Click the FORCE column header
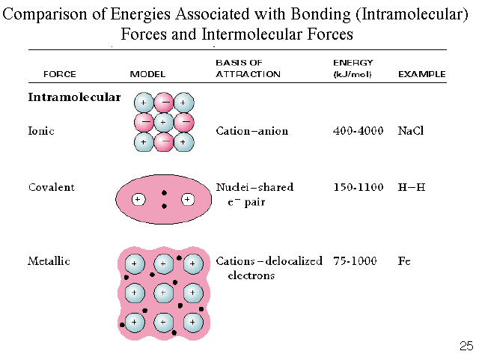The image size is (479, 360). click(59, 74)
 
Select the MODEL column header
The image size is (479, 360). click(147, 74)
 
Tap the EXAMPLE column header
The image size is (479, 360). click(421, 74)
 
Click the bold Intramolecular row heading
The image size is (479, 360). click(74, 97)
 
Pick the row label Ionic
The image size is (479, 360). click(41, 131)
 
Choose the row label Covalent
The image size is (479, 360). click(50, 187)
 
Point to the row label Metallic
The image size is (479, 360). click(49, 261)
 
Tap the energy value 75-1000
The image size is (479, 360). click(356, 261)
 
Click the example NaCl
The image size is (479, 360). click(412, 131)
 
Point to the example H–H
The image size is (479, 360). click(411, 187)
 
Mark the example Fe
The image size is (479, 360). click(405, 261)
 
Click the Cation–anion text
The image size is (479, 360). click(252, 131)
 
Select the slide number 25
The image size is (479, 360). click(466, 346)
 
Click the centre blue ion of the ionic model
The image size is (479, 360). click(163, 122)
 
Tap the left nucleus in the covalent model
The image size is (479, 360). click(138, 200)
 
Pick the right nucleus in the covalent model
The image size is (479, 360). click(188, 200)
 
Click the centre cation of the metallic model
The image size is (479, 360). click(164, 293)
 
